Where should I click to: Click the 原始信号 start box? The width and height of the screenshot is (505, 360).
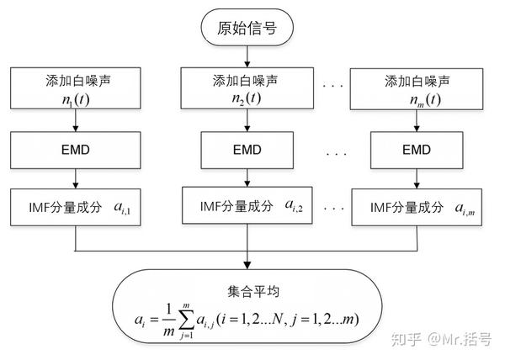pyautogui.click(x=247, y=29)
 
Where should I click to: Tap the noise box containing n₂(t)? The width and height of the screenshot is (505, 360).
pyautogui.click(x=246, y=88)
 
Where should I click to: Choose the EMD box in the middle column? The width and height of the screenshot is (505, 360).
pyautogui.click(x=246, y=150)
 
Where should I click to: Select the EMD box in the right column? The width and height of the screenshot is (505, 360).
pyautogui.click(x=417, y=150)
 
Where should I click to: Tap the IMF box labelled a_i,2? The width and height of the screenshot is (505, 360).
pyautogui.click(x=246, y=206)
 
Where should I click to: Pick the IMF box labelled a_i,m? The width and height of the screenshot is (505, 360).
pyautogui.click(x=417, y=207)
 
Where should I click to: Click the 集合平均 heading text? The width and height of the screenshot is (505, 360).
pyautogui.click(x=249, y=291)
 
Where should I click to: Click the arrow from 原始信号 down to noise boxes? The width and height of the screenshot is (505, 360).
pyautogui.click(x=247, y=56)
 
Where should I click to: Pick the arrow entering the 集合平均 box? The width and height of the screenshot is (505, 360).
pyautogui.click(x=247, y=259)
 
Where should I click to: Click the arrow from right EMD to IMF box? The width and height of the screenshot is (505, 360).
pyautogui.click(x=417, y=179)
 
